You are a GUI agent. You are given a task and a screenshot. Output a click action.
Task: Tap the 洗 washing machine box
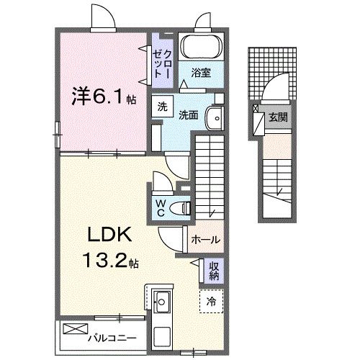point(163,106)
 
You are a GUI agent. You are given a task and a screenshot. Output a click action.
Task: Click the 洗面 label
point(189,114)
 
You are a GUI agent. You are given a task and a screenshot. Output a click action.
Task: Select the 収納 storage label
point(214,271)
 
